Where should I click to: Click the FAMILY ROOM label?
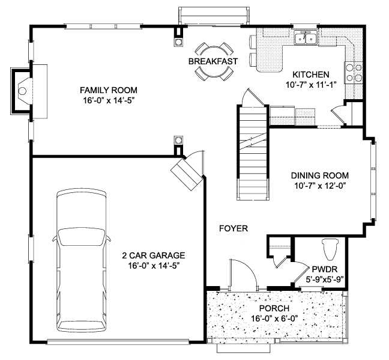coord(109,90)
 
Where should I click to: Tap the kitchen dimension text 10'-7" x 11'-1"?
coord(311,85)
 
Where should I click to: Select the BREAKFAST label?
coord(213,61)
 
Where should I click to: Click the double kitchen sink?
coord(306,37)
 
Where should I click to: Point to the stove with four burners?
coord(354,73)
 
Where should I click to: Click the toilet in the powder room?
coord(330,249)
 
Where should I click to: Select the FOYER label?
coord(234,228)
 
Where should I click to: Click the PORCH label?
coord(274,308)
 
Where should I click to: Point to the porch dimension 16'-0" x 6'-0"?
coord(274,319)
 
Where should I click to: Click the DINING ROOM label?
coord(319,175)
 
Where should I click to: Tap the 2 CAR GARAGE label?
coord(154,255)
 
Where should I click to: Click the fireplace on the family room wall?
coord(22,91)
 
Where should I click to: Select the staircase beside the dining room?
coord(253,152)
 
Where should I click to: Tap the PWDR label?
coord(324,269)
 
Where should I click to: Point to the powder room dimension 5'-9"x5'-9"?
coord(324,279)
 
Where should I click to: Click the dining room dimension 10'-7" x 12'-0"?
coord(320,186)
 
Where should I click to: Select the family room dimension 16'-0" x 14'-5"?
coord(109,100)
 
